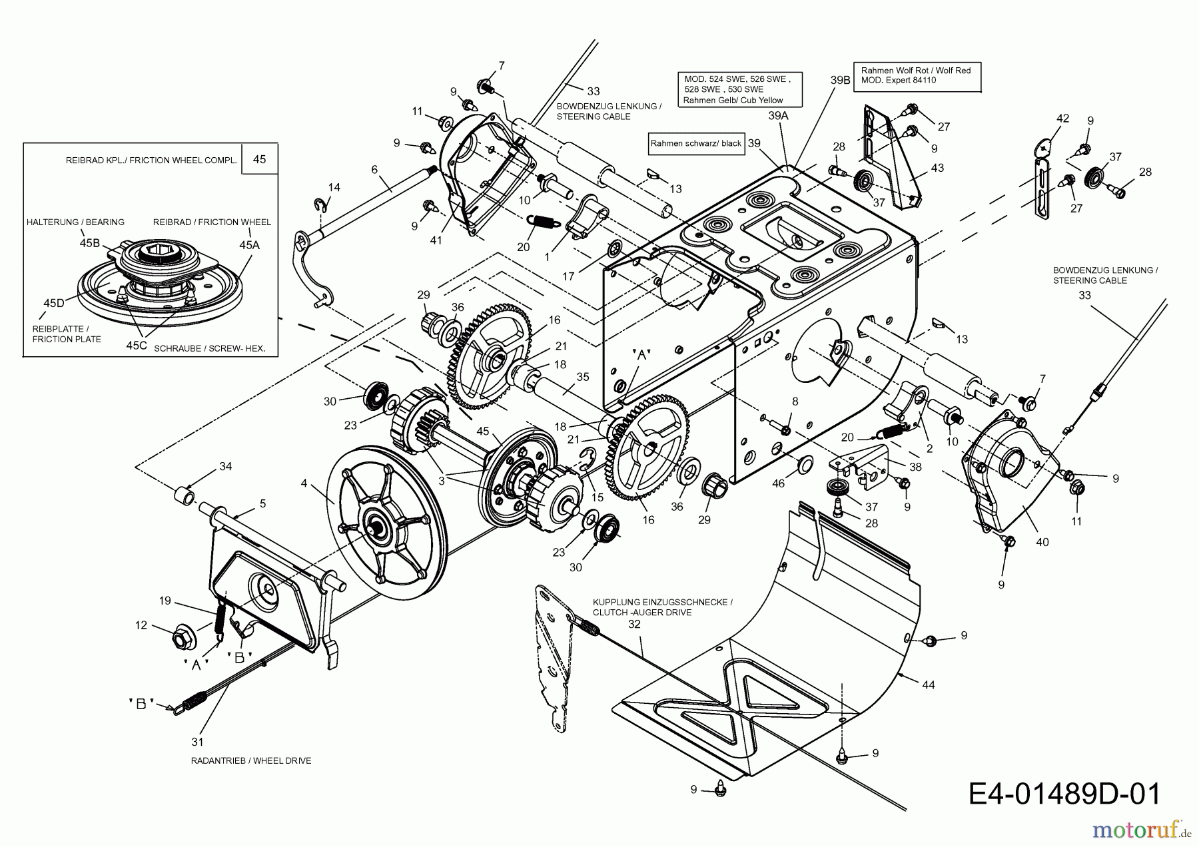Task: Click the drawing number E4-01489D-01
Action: [1064, 794]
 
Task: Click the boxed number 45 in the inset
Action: [260, 159]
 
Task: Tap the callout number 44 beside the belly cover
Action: [928, 685]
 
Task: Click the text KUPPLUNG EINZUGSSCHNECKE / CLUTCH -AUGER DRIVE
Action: [662, 607]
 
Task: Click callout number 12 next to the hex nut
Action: [141, 625]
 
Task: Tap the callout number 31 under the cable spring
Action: [197, 741]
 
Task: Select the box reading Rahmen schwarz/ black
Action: [695, 143]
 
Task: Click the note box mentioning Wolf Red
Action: [917, 75]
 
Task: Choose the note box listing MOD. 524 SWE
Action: [739, 90]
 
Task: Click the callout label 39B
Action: [841, 80]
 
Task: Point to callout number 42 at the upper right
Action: [1062, 119]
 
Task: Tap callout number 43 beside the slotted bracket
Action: [937, 168]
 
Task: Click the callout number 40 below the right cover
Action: [1042, 542]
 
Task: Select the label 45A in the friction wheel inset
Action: [249, 244]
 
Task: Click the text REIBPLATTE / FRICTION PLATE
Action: [67, 334]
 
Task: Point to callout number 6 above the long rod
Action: [374, 170]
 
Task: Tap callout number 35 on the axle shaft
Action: [583, 377]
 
